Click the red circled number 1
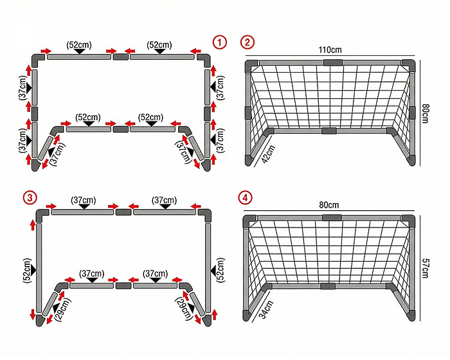click(x=220, y=42)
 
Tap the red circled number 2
click(x=247, y=42)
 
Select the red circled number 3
click(x=30, y=198)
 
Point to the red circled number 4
click(x=246, y=198)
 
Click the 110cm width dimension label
click(x=330, y=50)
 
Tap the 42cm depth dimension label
click(x=268, y=154)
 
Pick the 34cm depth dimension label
click(x=266, y=309)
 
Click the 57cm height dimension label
click(x=426, y=268)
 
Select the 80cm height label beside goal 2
click(x=426, y=113)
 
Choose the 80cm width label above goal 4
click(x=329, y=205)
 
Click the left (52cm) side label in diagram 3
click(x=27, y=271)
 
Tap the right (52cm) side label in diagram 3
click(x=221, y=270)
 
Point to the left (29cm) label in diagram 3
click(x=64, y=309)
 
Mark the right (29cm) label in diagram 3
click(x=184, y=309)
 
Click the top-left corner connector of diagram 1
click(x=37, y=59)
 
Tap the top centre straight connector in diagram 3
click(x=123, y=212)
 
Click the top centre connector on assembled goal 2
click(x=333, y=62)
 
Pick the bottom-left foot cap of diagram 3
click(x=40, y=320)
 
